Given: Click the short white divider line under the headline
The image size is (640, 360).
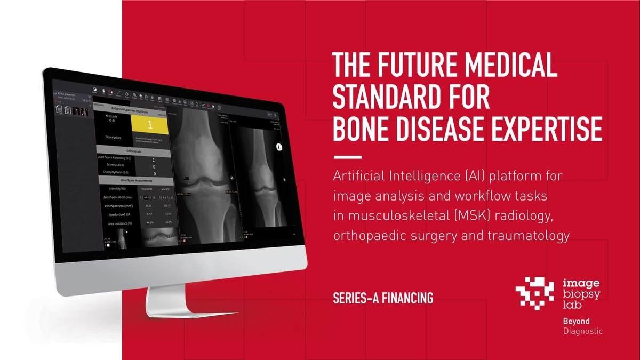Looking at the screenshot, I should point(347,157).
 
